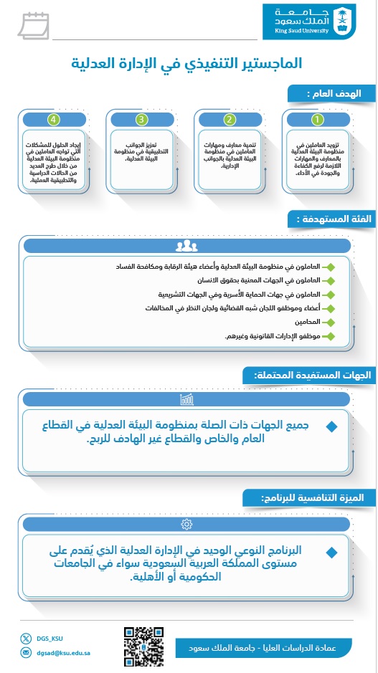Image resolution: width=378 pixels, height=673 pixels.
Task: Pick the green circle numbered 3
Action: pos(142,119)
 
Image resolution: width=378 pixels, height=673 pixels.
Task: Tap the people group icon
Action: pos(186,246)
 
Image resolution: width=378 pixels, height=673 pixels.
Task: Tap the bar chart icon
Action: pos(186,398)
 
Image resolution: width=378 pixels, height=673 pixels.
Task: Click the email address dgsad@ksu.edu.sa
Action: pos(60,652)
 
